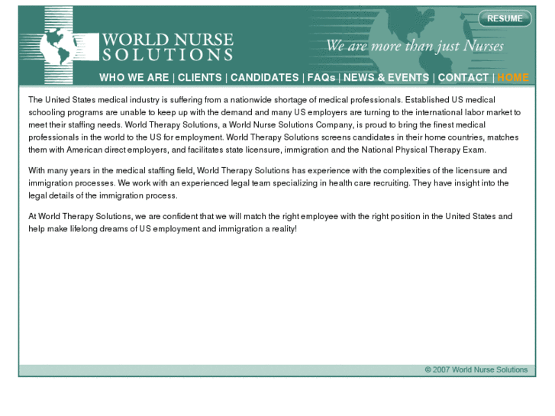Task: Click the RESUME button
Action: pyautogui.click(x=505, y=18)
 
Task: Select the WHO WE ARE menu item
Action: pyautogui.click(x=134, y=77)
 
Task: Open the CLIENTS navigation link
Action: pyautogui.click(x=200, y=77)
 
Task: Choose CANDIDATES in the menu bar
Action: pyautogui.click(x=265, y=77)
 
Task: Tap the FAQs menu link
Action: pyautogui.click(x=321, y=77)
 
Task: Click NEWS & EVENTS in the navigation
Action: pyautogui.click(x=386, y=77)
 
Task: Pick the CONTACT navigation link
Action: pyautogui.click(x=463, y=77)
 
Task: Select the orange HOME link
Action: pyautogui.click(x=512, y=77)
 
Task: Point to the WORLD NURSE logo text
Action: pyautogui.click(x=167, y=40)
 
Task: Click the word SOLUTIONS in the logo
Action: pyautogui.click(x=167, y=55)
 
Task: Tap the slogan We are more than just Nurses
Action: pyautogui.click(x=415, y=47)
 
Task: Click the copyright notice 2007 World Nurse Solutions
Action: pyautogui.click(x=476, y=369)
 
